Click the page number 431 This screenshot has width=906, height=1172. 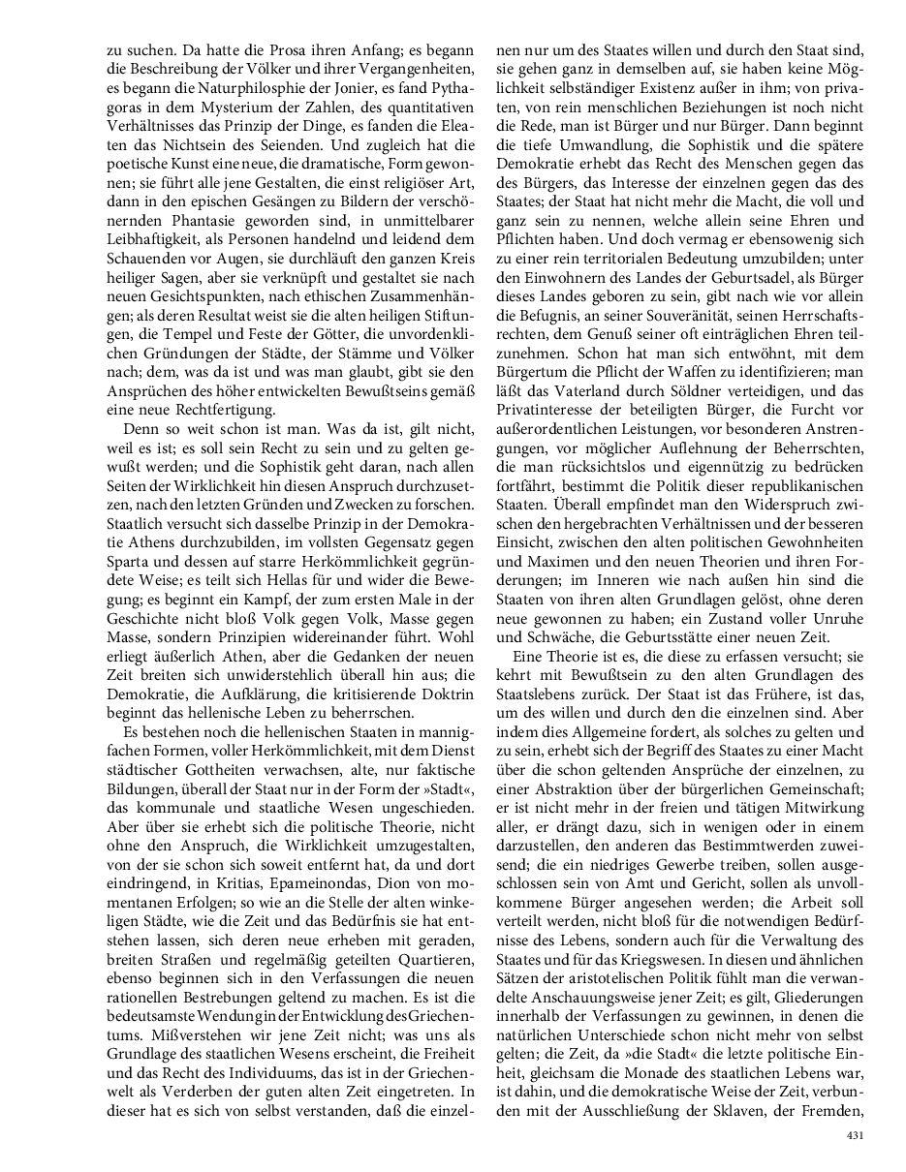tap(854, 1134)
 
